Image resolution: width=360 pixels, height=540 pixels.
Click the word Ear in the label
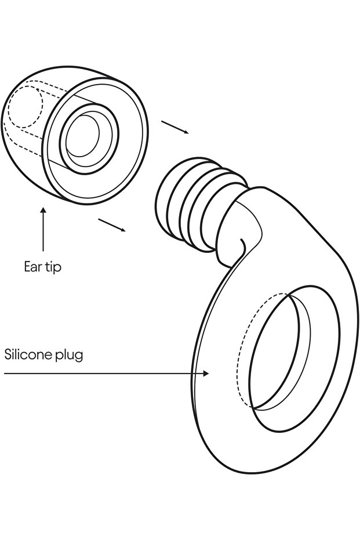[32, 266]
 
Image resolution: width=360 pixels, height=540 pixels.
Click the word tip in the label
[53, 267]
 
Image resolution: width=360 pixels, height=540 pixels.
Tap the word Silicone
[28, 354]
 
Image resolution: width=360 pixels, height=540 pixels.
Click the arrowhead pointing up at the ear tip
[43, 211]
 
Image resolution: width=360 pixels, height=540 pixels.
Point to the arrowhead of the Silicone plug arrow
[206, 374]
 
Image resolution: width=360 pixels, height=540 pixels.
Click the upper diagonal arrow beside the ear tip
[175, 128]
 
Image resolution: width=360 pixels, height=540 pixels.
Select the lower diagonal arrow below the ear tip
[112, 225]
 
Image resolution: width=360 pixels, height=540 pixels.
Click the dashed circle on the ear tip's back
[25, 107]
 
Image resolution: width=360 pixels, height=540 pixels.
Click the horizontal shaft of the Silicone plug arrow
[103, 374]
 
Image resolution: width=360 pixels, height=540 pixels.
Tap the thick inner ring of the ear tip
[89, 138]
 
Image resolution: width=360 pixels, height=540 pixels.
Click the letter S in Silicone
[8, 355]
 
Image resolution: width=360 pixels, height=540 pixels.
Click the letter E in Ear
[27, 266]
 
